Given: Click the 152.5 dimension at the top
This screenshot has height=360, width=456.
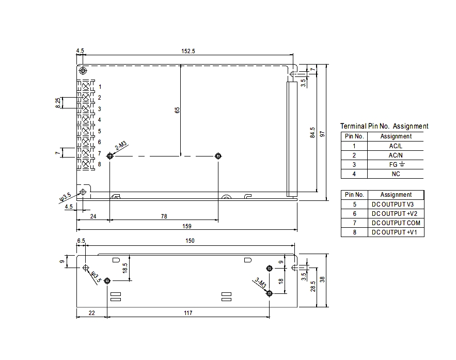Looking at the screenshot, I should coord(187,51).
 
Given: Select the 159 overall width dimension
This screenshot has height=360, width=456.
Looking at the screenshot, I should coord(187,226).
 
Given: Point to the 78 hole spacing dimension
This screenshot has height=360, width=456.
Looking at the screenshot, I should coord(164,217).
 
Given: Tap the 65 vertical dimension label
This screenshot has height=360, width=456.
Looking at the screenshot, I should coord(177,110).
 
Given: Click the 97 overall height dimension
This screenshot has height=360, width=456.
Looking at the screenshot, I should coord(322,134).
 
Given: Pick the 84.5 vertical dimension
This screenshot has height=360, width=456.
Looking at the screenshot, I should coord(312,133).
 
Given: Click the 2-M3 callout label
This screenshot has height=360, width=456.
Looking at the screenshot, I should coord(121,146).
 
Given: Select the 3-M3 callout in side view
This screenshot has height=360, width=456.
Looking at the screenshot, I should coord(260,284).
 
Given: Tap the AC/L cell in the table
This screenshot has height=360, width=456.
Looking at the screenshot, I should coord(396,146).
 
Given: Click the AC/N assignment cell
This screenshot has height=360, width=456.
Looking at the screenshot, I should coord(396,155).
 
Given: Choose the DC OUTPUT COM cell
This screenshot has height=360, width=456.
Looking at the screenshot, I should coord(396,223).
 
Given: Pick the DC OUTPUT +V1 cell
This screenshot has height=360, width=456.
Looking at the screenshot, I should coord(396,232).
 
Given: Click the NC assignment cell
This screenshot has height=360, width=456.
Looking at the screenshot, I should coord(396,174).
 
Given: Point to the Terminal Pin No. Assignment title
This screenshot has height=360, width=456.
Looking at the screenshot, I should coord(384,126).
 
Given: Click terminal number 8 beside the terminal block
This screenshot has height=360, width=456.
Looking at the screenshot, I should coord(99,164).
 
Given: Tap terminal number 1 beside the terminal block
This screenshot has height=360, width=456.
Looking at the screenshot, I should coord(100,86).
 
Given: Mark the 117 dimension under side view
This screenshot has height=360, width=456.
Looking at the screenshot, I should coord(187,313).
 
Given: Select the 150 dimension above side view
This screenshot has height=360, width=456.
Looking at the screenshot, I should coord(190,241).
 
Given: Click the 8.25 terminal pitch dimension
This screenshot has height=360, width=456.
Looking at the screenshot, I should coord(58,103).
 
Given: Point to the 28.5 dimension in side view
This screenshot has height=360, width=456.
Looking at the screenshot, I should coord(312,285).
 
